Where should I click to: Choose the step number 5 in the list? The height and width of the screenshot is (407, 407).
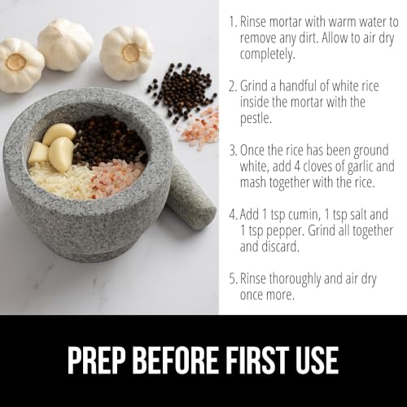tap(232, 278)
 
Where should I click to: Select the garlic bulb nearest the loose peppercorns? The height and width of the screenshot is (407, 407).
tap(127, 54)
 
